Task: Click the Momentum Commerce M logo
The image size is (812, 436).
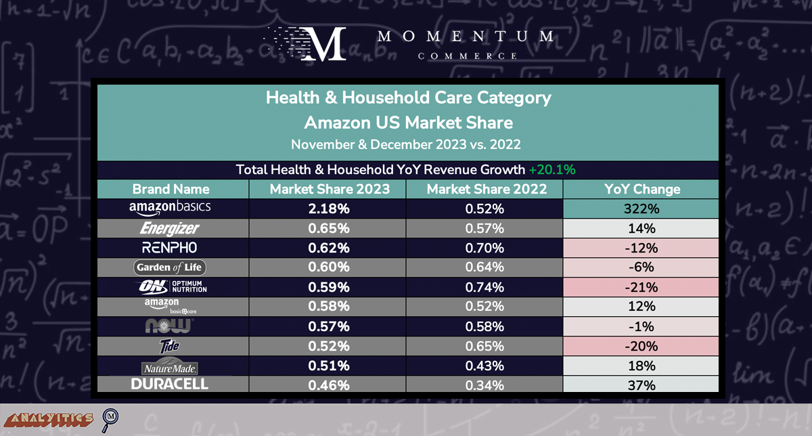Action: pyautogui.click(x=322, y=43)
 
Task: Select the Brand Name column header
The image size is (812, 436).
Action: pyautogui.click(x=171, y=189)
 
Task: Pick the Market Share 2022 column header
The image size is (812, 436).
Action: pyautogui.click(x=485, y=189)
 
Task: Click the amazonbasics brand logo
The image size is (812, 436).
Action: pyautogui.click(x=170, y=208)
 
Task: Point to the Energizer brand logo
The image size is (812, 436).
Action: pyautogui.click(x=170, y=228)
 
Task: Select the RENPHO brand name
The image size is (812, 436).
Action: pyautogui.click(x=170, y=248)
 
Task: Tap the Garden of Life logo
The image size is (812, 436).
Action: pyautogui.click(x=170, y=267)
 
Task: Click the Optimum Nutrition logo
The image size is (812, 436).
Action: pyautogui.click(x=170, y=287)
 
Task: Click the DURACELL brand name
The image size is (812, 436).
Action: pyautogui.click(x=170, y=385)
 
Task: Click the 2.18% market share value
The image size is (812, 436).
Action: pyautogui.click(x=328, y=209)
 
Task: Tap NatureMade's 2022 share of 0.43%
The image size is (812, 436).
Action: pyautogui.click(x=485, y=366)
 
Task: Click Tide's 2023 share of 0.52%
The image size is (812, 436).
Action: pyautogui.click(x=328, y=346)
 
